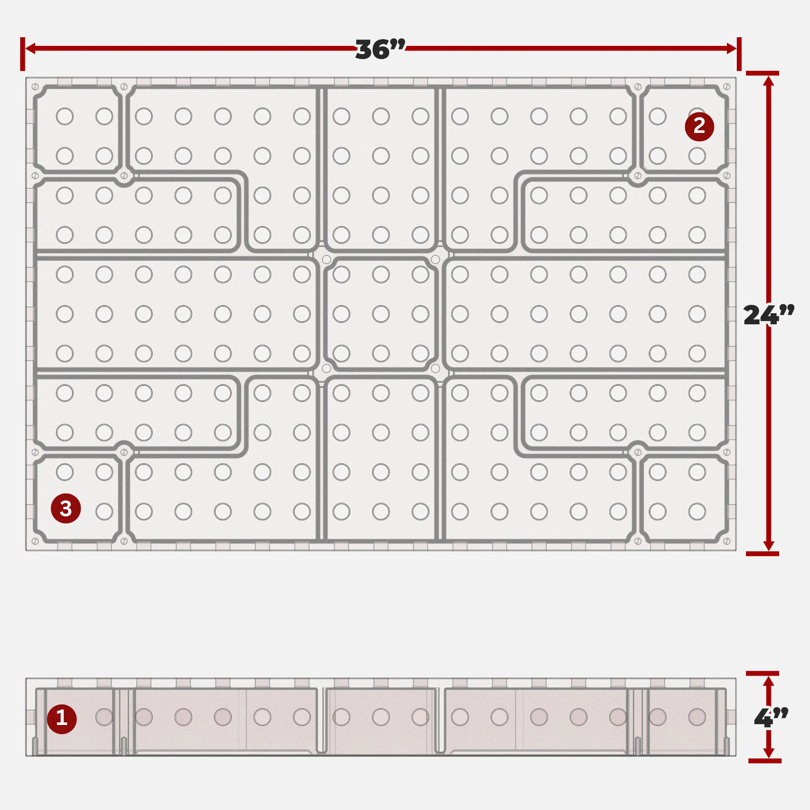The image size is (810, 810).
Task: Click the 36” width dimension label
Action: click(x=380, y=49)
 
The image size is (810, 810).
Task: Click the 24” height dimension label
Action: click(x=768, y=315)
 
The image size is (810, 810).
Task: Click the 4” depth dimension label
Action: click(x=771, y=718)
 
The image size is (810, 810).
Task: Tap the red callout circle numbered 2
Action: click(x=699, y=126)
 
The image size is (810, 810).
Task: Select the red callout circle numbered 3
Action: click(x=66, y=509)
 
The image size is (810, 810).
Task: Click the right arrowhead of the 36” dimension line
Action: click(x=731, y=48)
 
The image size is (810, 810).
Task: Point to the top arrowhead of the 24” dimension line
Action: click(x=768, y=81)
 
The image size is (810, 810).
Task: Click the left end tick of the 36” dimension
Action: click(x=23, y=54)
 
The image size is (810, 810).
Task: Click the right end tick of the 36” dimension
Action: click(x=739, y=54)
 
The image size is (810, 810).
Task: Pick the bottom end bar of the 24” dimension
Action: click(x=763, y=554)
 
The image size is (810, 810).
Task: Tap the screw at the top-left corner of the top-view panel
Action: click(x=35, y=87)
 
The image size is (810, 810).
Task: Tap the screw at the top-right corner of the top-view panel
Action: click(x=727, y=87)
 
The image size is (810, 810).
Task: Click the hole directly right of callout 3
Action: click(x=104, y=511)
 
